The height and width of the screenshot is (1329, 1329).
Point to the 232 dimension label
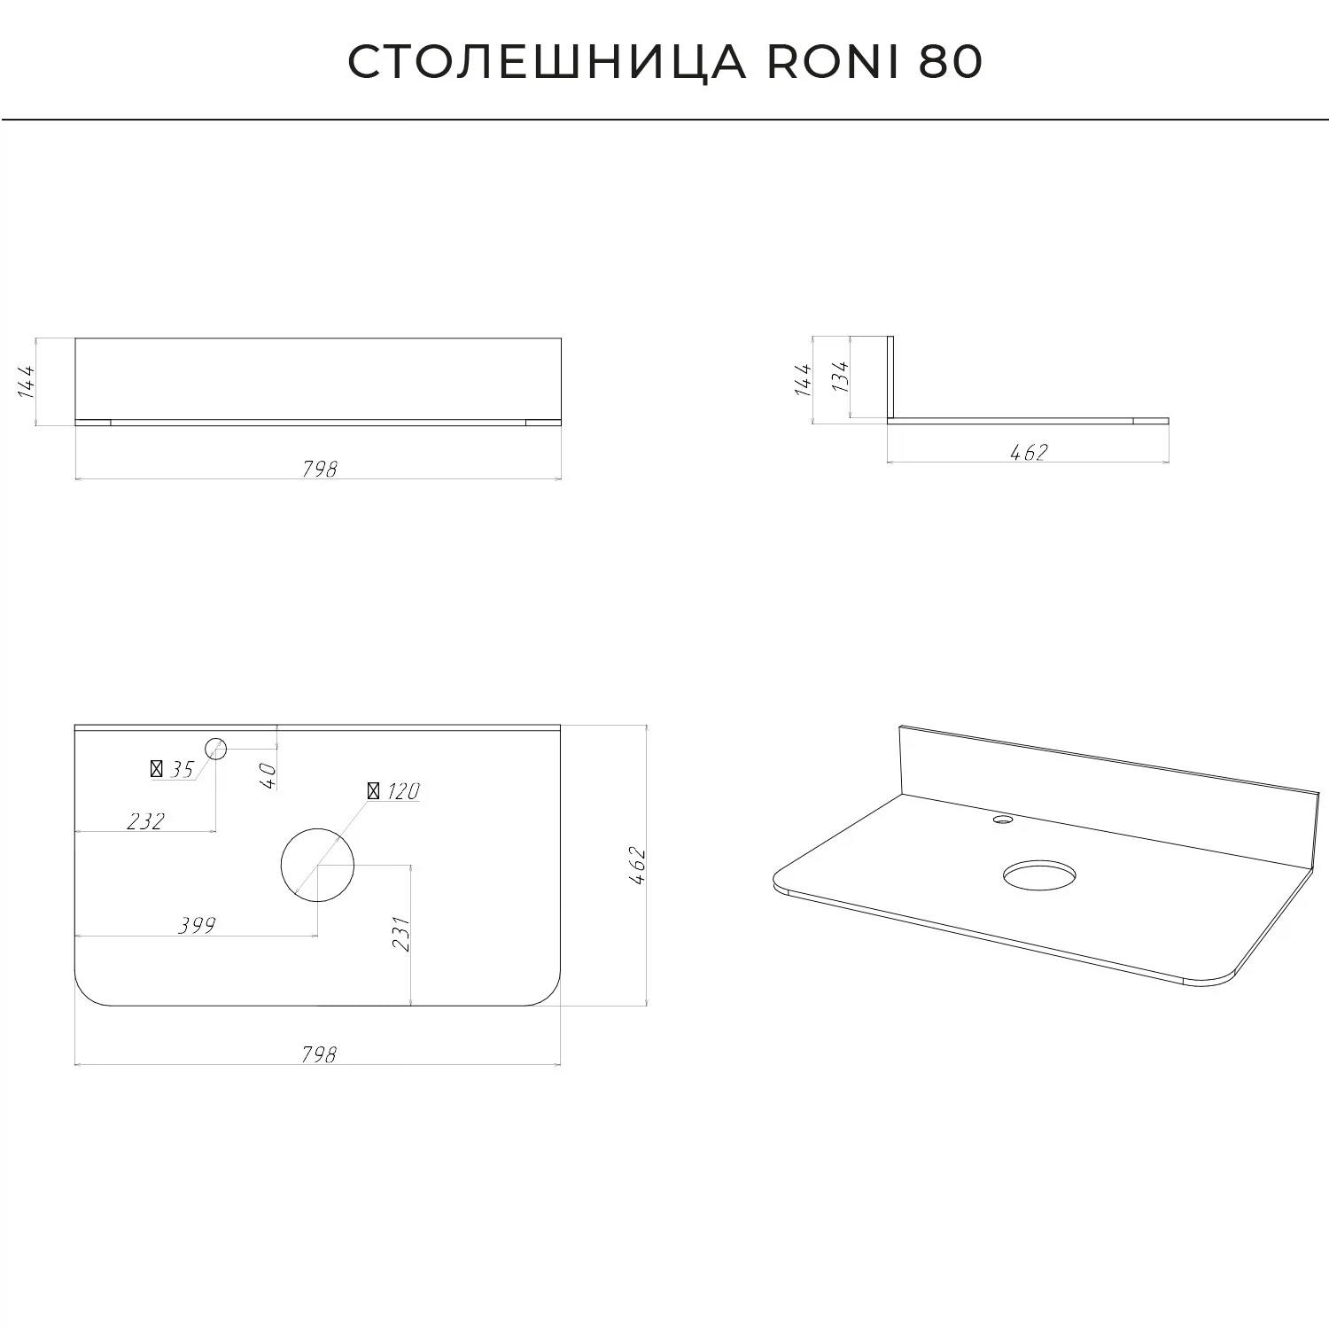click(x=145, y=821)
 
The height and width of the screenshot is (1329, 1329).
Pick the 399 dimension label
click(x=197, y=926)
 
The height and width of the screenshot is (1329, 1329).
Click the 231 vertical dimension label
click(x=400, y=934)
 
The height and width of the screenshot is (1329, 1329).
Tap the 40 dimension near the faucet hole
click(x=268, y=776)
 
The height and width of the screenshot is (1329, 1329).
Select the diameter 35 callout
click(x=173, y=769)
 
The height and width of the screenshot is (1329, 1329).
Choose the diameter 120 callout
click(x=393, y=790)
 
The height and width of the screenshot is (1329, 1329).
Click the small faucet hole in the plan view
click(x=216, y=749)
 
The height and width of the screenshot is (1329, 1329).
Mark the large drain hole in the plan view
click(x=317, y=865)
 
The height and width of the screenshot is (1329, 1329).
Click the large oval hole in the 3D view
click(x=1040, y=875)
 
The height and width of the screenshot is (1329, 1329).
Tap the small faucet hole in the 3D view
click(x=1003, y=820)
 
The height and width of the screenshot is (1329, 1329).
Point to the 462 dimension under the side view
click(x=1029, y=452)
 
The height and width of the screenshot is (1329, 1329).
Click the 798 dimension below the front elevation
click(x=319, y=469)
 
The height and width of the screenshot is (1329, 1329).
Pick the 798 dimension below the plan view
click(x=319, y=1054)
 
